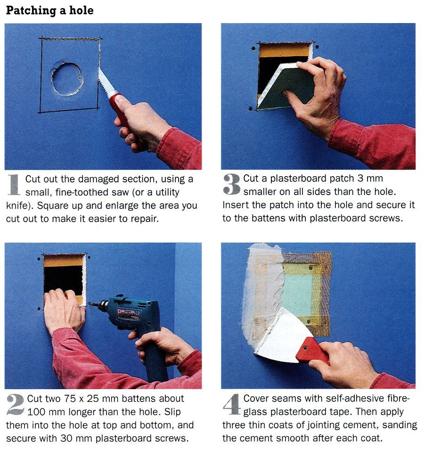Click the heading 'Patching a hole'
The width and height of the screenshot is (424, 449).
point(49,10)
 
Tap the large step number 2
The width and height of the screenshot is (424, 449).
point(16,405)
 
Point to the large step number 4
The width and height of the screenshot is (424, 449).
point(232,405)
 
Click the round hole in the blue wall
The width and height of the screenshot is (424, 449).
point(67,79)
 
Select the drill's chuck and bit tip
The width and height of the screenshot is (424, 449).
point(95,306)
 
